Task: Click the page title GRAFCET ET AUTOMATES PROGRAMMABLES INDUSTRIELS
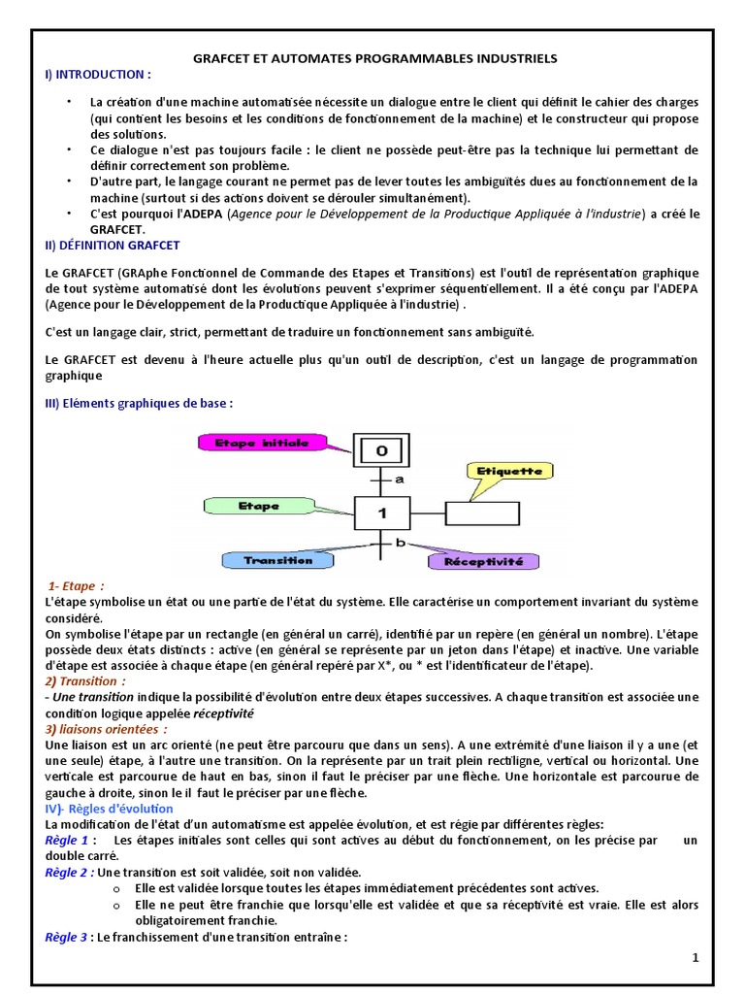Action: point(372,58)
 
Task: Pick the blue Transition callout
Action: point(277,560)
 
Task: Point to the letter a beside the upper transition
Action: point(399,480)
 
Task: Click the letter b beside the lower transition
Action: point(399,543)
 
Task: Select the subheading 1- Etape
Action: point(77,585)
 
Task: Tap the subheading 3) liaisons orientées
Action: point(107,728)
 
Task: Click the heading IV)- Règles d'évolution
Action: point(110,808)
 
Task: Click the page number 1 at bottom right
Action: point(696,958)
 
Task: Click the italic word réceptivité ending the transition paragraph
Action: point(223,713)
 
